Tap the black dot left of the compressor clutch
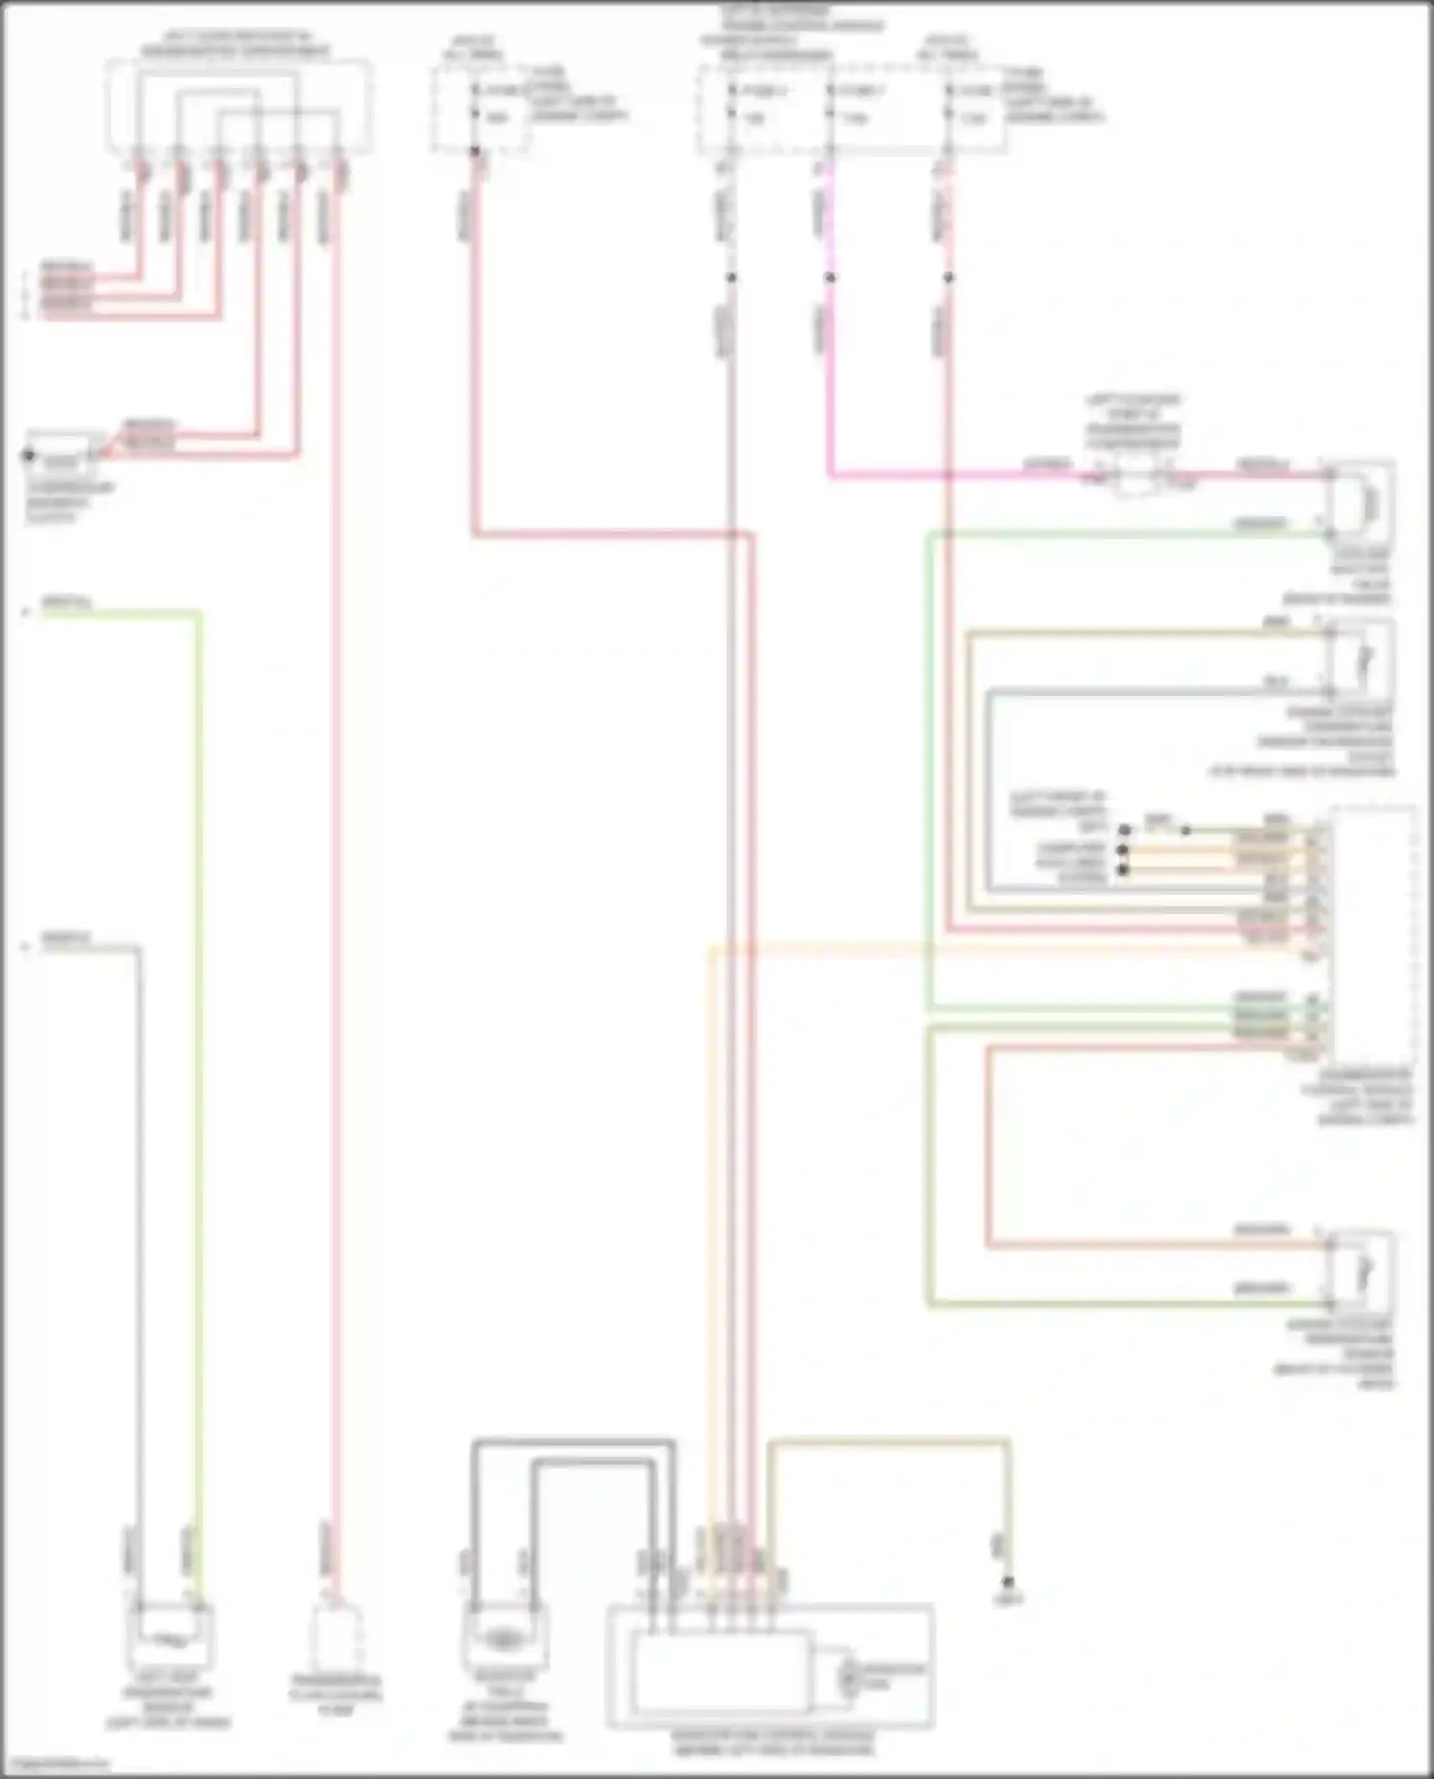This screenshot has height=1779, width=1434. tap(30, 456)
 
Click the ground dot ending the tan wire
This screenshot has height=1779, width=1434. tap(1008, 1581)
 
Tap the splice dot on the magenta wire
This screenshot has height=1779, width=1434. tap(830, 278)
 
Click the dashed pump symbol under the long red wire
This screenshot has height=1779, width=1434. tap(337, 1638)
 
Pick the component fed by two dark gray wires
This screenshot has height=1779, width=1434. tap(504, 1638)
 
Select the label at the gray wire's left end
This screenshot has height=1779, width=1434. tap(65, 941)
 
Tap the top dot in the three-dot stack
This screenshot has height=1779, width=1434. tap(1125, 830)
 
